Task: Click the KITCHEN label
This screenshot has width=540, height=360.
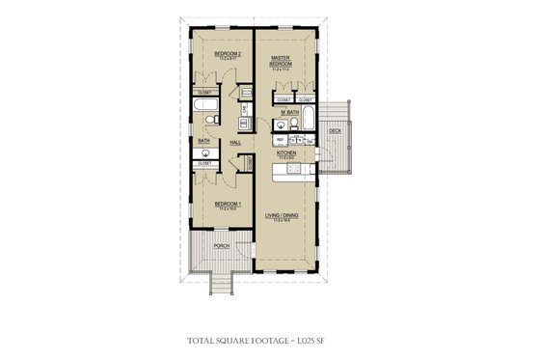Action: click(285, 152)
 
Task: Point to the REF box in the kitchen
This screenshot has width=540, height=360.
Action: click(280, 140)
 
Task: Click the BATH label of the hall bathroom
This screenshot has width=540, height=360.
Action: click(203, 141)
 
